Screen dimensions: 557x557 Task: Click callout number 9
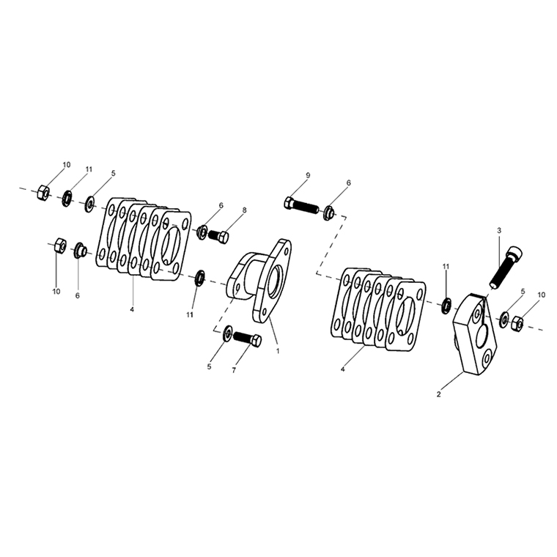click(x=308, y=175)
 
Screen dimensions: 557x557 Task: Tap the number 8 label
click(x=244, y=210)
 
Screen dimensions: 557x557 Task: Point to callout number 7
click(x=234, y=371)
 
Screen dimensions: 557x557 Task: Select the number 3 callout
click(x=499, y=231)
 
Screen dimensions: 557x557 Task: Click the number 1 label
click(x=278, y=351)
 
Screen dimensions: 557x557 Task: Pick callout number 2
click(x=439, y=394)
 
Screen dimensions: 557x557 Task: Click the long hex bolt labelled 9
click(x=301, y=204)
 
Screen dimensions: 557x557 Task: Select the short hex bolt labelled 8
click(x=218, y=235)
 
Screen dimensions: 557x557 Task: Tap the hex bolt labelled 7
click(x=247, y=339)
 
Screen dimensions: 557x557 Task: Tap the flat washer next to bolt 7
click(x=227, y=333)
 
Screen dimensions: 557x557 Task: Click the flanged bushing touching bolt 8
click(x=202, y=232)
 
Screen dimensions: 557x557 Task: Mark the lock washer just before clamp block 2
click(x=446, y=306)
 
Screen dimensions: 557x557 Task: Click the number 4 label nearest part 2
click(x=343, y=369)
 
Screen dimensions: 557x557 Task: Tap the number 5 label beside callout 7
click(x=209, y=367)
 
